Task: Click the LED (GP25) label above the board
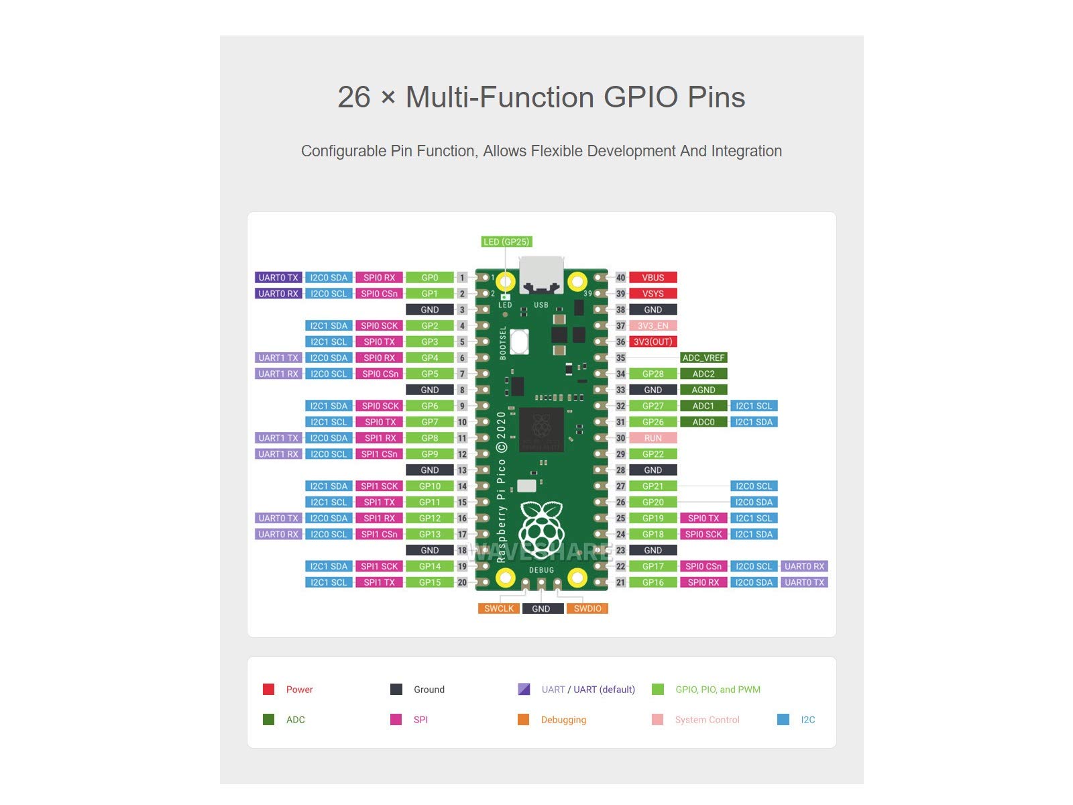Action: tap(506, 241)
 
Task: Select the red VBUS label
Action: tap(653, 278)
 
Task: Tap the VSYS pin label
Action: tap(653, 294)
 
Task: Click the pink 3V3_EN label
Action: tap(653, 326)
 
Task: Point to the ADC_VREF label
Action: tap(703, 358)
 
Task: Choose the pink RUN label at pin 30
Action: tap(653, 438)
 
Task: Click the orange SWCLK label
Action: tap(499, 608)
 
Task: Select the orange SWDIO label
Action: tap(587, 608)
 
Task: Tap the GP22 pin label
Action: tap(653, 454)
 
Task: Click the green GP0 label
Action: tap(429, 278)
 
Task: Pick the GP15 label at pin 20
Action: tap(429, 582)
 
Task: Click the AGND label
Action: tap(703, 390)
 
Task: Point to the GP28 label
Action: tap(653, 374)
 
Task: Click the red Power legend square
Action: tap(268, 689)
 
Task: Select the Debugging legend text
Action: tap(563, 720)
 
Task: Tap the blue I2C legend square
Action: tap(783, 719)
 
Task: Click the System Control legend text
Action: tap(707, 720)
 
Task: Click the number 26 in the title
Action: tap(354, 97)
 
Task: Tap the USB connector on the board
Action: tap(542, 275)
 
